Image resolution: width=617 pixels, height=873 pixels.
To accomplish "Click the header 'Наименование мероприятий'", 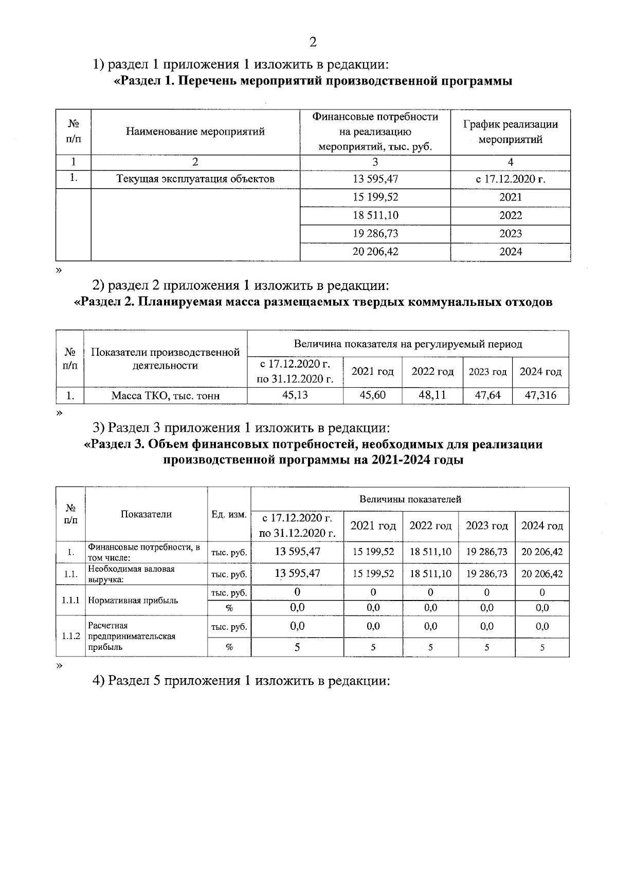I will coord(195,132).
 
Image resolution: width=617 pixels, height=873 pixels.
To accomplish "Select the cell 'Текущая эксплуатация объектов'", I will coord(195,179).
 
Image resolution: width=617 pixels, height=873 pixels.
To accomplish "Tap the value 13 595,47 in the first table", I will coord(375,179).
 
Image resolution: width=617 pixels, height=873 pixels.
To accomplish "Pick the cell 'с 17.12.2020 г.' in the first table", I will coord(510,179).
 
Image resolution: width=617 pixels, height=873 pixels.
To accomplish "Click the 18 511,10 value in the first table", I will coord(375,215).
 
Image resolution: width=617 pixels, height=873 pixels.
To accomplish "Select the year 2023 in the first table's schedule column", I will coord(510,233).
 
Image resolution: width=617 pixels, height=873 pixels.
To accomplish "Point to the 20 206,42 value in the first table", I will coord(375,251).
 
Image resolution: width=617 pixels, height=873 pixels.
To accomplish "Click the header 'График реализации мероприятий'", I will coord(510,132).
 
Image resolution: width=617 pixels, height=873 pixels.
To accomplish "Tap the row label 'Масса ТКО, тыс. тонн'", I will coord(166,396).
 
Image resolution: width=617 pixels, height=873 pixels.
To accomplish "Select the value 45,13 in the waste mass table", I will coord(295,395).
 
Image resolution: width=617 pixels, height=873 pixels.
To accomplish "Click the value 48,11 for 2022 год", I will coord(432,395).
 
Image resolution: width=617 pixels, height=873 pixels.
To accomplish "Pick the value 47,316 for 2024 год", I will coord(540,395).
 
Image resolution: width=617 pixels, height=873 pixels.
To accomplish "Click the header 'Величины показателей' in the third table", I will coord(410,499).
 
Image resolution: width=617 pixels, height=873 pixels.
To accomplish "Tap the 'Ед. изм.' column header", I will coord(229,514).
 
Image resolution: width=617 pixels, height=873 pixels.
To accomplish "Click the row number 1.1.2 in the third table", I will coord(70,636).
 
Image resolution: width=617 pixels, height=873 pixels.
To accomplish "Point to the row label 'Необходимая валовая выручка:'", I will coord(132,574).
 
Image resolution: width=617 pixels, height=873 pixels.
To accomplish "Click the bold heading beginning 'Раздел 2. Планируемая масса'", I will coord(313,302).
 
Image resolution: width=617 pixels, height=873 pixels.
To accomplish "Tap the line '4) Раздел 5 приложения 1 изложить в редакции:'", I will coord(242,681).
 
